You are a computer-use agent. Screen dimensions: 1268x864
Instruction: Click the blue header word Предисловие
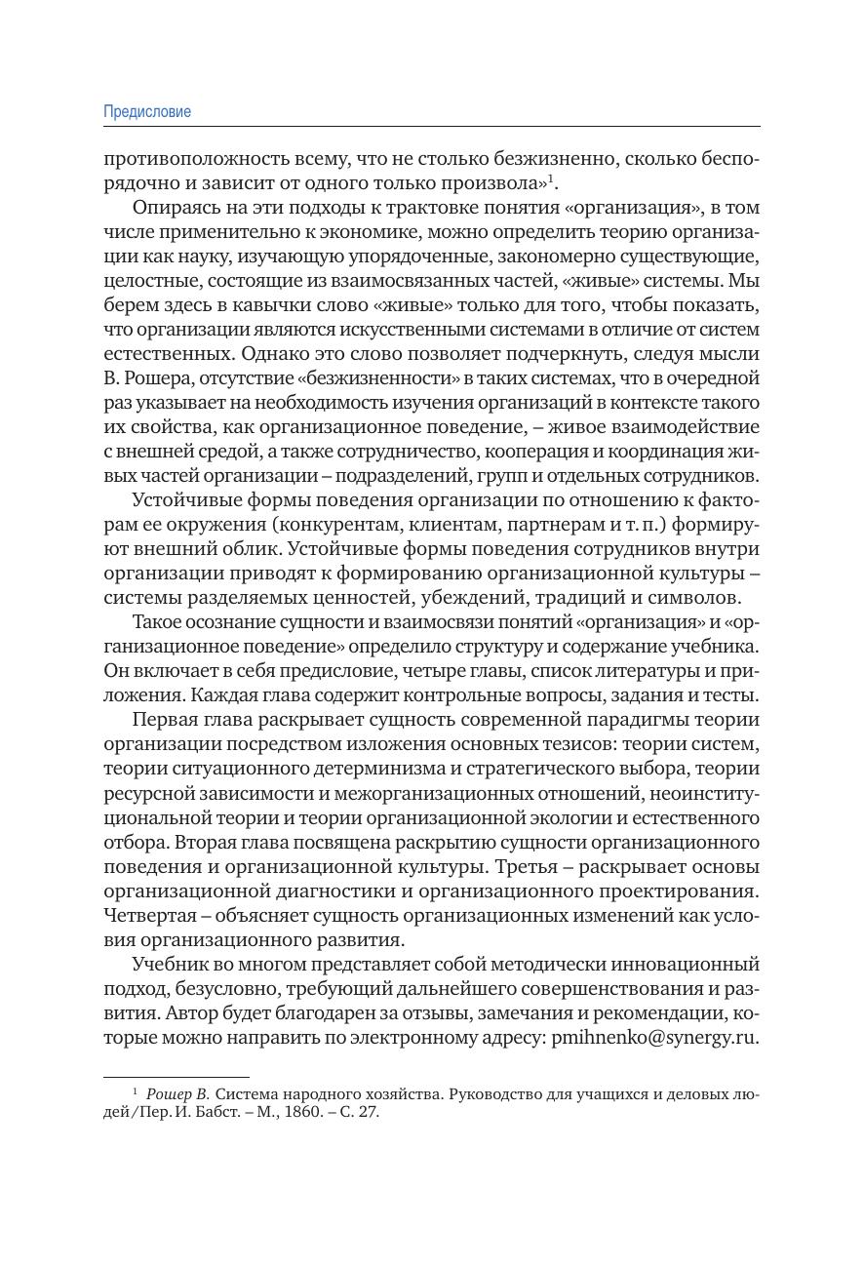tap(147, 112)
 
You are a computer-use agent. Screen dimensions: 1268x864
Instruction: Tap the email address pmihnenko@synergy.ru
tap(654, 1038)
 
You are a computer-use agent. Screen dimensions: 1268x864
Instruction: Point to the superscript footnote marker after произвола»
tap(552, 178)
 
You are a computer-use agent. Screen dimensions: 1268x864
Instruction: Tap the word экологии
tap(579, 818)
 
